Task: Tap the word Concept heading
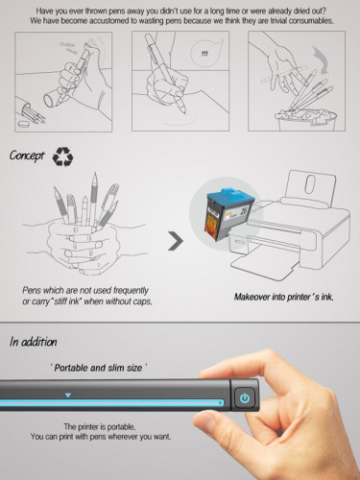[x=29, y=156]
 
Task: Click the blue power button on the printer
[x=245, y=398]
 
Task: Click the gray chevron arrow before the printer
[x=176, y=241]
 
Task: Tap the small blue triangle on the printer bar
[x=67, y=394]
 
